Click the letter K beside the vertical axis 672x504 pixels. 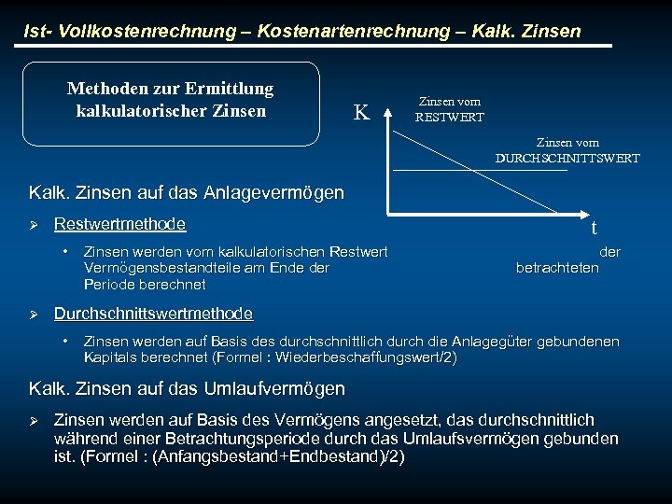361,113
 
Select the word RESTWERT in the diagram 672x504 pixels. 450,117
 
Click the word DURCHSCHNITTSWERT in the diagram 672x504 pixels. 567,158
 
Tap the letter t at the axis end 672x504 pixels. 594,228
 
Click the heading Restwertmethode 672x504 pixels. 119,224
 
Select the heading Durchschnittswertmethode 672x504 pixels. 153,313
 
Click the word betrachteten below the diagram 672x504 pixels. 557,268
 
